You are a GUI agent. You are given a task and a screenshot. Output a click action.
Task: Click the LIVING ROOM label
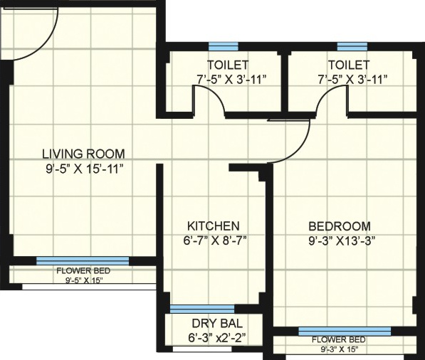[83, 153]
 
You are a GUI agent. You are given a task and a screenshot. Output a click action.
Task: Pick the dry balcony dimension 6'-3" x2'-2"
[211, 337]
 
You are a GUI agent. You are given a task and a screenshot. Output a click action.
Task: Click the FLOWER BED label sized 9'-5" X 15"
[83, 271]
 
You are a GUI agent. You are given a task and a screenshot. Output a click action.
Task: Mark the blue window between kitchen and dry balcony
[202, 309]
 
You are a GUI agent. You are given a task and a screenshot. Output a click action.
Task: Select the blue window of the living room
[83, 261]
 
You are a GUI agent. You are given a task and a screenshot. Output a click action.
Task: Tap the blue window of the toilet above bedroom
[347, 47]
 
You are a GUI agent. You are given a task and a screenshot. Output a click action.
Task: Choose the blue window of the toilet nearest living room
[226, 47]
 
